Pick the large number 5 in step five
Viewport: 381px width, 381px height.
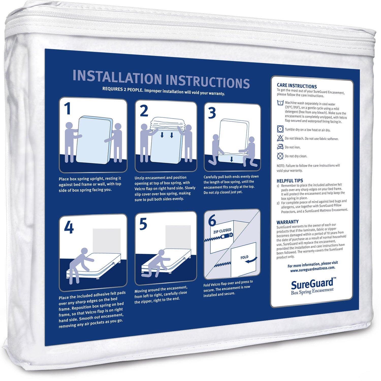pyautogui.click(x=144, y=224)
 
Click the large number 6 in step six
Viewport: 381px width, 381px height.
pyautogui.click(x=212, y=221)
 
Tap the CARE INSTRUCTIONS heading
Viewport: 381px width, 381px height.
pyautogui.click(x=297, y=86)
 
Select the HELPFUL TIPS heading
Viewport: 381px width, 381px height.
pyautogui.click(x=290, y=181)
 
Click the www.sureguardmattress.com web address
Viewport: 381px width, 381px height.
pyautogui.click(x=312, y=267)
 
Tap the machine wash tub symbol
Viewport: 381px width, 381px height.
pyautogui.click(x=280, y=103)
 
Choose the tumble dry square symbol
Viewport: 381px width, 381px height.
pyautogui.click(x=280, y=129)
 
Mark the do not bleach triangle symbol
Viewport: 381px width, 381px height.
pyautogui.click(x=280, y=138)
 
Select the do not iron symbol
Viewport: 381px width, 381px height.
pyautogui.click(x=280, y=147)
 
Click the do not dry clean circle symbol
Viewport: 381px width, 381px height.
pyautogui.click(x=280, y=156)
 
